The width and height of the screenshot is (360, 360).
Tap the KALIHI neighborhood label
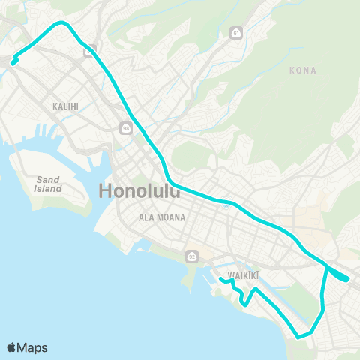(66, 106)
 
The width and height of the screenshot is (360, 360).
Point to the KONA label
(302, 70)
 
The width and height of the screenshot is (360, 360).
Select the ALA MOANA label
(162, 217)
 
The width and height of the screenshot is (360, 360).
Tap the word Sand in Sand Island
(48, 180)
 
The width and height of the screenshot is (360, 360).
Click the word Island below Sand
(48, 189)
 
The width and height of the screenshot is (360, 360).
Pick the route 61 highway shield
(236, 34)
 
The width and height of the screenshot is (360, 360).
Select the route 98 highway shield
(125, 128)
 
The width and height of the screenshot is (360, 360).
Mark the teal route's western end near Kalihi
(13, 62)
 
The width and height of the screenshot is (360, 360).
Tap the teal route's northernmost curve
(62, 23)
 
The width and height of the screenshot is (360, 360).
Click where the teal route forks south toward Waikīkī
(327, 267)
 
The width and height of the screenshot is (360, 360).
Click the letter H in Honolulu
(107, 191)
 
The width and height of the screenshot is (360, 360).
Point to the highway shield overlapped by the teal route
(88, 50)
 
